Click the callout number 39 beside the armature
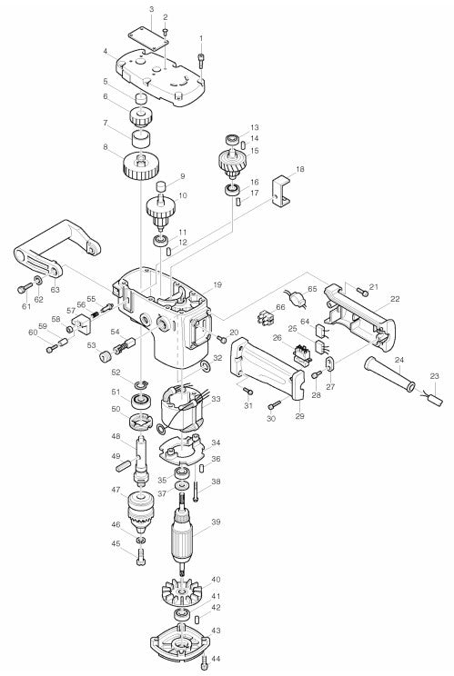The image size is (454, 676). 216,522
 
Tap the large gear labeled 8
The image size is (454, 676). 142,166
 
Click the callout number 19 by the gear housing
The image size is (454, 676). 217,285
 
